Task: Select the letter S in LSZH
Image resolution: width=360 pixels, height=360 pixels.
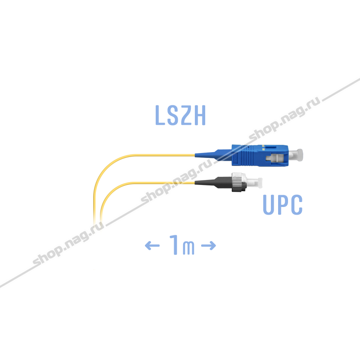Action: [x=174, y=115]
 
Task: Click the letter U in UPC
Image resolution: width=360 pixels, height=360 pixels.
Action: [x=270, y=205]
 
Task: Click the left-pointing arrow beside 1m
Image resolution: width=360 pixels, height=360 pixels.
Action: [x=152, y=246]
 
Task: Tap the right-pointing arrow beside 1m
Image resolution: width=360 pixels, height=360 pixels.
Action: [x=208, y=246]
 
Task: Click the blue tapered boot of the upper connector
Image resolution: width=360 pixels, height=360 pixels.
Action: [x=211, y=154]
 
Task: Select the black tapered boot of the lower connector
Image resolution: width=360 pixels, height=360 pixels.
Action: [x=211, y=183]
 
